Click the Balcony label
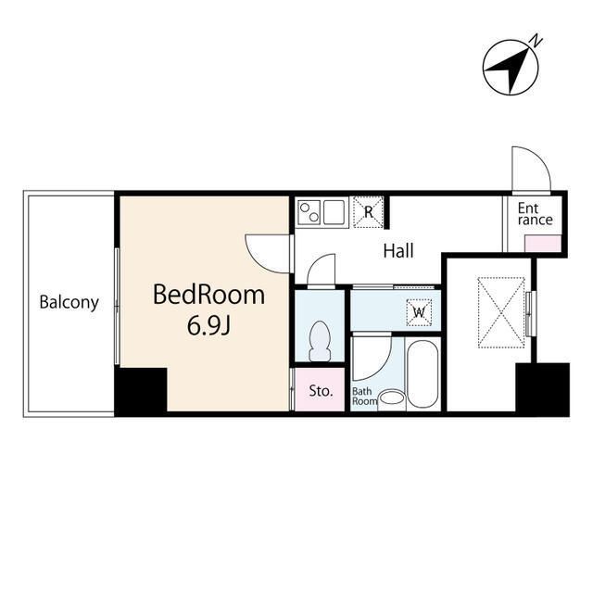point(69,302)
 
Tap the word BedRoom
point(208,295)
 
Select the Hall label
point(398,251)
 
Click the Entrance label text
point(536,214)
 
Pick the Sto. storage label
point(321,391)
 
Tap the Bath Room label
point(364,397)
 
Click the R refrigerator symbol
point(368,212)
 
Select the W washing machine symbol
point(419,312)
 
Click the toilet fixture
point(320,341)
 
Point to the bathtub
point(423,374)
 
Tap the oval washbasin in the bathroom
point(391,398)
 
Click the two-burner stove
point(309,212)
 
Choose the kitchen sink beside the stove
point(334,212)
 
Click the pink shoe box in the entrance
point(543,244)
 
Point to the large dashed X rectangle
point(501,312)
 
